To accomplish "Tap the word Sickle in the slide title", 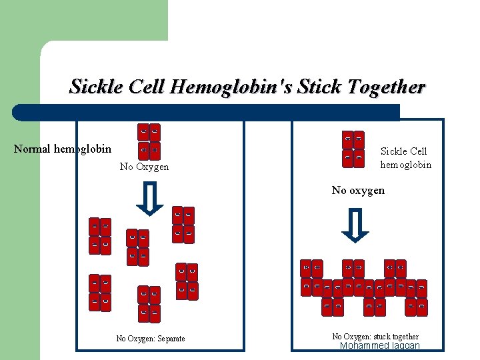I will [x=95, y=87].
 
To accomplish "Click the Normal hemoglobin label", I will [x=63, y=149].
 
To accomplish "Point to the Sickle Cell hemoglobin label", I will [x=405, y=158].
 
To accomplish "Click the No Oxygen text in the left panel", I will [x=144, y=167].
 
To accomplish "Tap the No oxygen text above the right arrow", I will [x=358, y=191].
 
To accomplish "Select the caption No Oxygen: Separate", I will [x=151, y=339].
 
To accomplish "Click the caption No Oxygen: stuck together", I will [x=375, y=337].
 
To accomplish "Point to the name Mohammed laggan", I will [x=379, y=346].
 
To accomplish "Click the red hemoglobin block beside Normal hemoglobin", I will [x=149, y=141].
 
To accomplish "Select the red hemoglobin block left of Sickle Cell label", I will [x=353, y=149].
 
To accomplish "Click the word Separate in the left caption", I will [x=171, y=339].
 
